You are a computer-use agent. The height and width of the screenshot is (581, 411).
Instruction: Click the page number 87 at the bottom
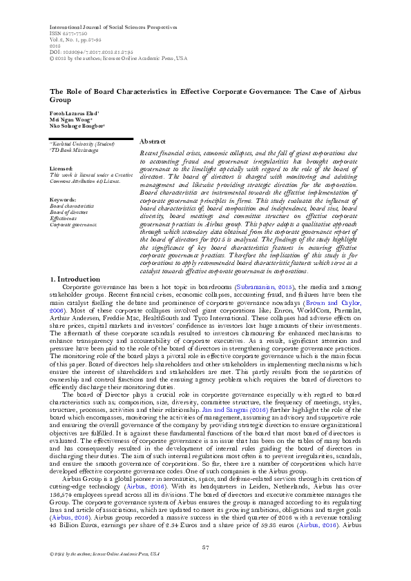click(x=205, y=548)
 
